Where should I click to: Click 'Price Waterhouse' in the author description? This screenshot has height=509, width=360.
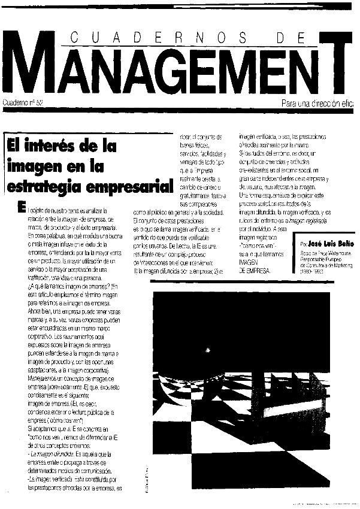328,255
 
